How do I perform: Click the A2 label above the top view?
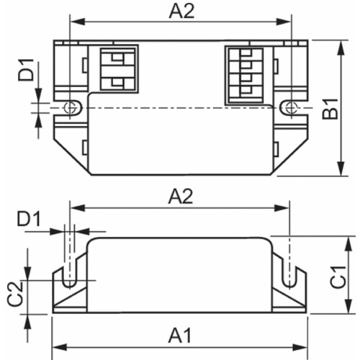pos(181,12)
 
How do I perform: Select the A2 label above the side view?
pos(181,196)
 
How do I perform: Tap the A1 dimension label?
pos(181,336)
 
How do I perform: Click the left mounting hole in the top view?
pos(70,107)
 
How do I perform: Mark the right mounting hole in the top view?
pos(291,107)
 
